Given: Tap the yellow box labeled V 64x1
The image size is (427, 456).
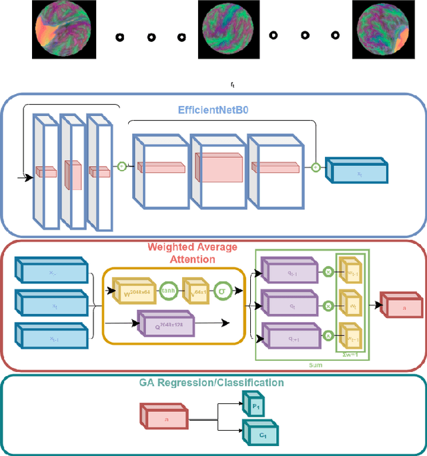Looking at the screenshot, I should coord(195,291).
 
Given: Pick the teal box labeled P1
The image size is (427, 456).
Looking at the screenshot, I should coord(256,405).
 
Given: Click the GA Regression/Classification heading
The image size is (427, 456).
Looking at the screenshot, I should coord(211,383).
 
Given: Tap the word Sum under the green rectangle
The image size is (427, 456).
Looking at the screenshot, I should coord(315,365).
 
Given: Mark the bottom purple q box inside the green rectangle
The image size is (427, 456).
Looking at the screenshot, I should coord(290,337).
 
